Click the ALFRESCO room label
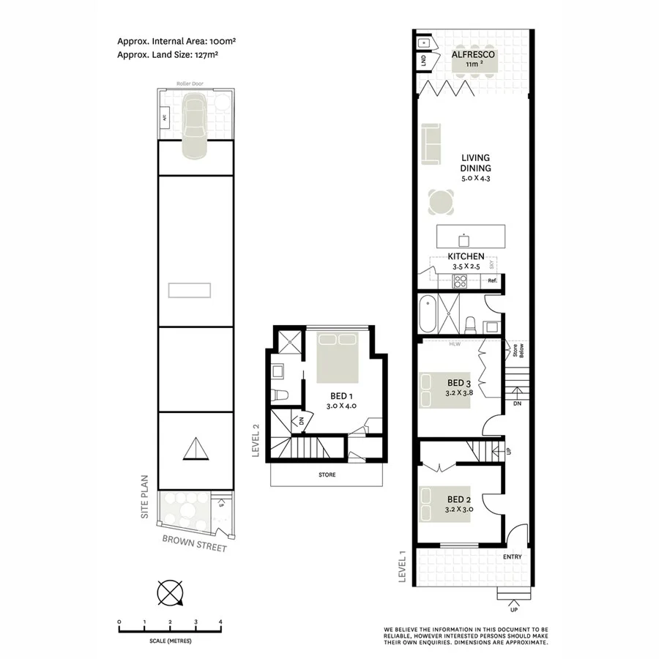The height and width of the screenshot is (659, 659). pos(473,55)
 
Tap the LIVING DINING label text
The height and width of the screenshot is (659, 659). pos(475,163)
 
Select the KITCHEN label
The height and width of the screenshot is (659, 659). pos(466,256)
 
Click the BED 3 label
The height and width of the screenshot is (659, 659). pos(458,383)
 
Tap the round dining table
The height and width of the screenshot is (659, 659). pos(442,201)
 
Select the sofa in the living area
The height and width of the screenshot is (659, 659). pos(431,144)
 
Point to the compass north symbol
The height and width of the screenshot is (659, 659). pos(170,592)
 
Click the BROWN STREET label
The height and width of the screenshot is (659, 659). pos(195,546)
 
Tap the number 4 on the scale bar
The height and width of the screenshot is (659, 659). pos(220,622)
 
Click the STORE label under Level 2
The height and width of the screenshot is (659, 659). pos(327,474)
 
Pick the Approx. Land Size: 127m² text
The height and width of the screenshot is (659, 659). pos(168,54)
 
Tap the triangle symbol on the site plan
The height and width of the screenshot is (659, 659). pos(195,449)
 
